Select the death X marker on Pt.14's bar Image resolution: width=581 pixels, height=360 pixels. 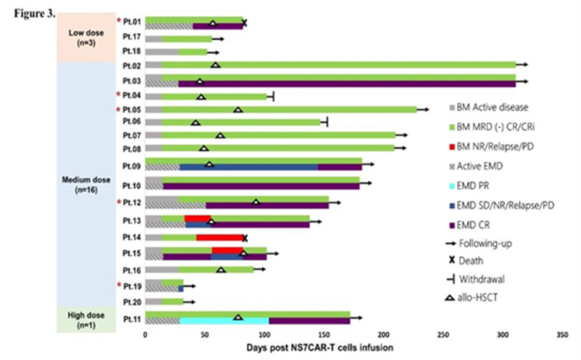[245, 238]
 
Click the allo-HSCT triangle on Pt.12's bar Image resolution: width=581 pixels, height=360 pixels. [256, 202]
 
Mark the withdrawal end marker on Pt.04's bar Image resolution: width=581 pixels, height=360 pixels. [273, 96]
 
